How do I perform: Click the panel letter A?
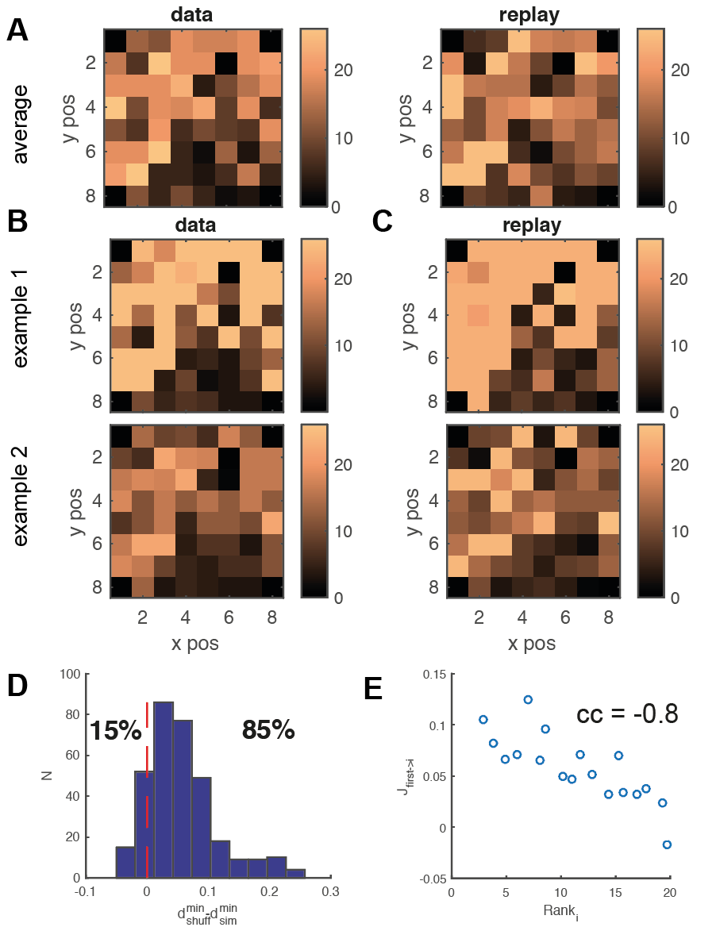coord(17,29)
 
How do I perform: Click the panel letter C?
coord(383,221)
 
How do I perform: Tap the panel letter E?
coord(374,689)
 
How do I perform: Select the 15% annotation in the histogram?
coord(115,731)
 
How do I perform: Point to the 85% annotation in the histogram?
coord(268,731)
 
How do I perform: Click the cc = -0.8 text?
coord(627,714)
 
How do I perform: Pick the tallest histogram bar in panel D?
coord(164,790)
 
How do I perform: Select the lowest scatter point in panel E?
coord(667,844)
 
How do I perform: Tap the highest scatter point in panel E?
coord(528,699)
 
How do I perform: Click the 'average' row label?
coord(20,124)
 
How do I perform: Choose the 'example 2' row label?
coord(20,497)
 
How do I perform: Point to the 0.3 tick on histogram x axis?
coord(330,891)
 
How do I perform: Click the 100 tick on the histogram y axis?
coord(70,674)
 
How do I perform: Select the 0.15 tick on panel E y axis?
coord(434,674)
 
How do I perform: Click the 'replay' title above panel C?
coord(532,225)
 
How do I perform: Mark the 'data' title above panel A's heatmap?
coord(191,14)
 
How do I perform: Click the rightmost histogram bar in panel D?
coord(295,873)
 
